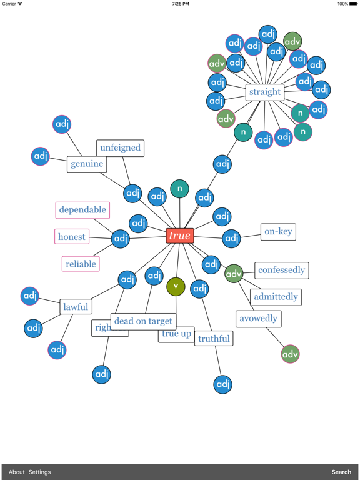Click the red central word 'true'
180,236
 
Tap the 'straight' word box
265,92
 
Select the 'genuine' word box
87,164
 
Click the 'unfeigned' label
120,148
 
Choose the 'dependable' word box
82,210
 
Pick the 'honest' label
72,237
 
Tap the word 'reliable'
81,264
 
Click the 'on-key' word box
278,232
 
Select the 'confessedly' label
282,270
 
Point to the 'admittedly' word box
276,297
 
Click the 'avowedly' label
259,319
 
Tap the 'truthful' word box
214,339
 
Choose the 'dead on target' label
143,321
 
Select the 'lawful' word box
76,307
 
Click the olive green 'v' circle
176,287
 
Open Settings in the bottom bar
39,472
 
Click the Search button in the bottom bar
341,472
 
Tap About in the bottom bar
17,472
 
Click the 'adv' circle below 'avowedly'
291,354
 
